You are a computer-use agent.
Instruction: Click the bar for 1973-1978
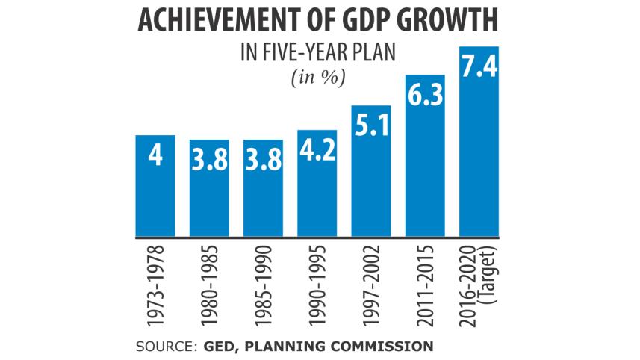click(x=155, y=187)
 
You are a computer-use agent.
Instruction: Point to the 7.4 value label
click(x=479, y=66)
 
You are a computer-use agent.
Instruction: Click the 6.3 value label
click(x=425, y=95)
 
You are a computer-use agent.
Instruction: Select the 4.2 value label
click(x=317, y=149)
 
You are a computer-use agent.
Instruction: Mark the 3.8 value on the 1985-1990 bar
click(x=264, y=159)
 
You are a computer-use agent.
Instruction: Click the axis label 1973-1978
click(x=155, y=285)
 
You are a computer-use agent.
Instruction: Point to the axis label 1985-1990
click(x=264, y=285)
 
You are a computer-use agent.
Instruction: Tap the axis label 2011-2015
click(x=425, y=285)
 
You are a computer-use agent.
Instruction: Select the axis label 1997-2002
click(x=371, y=285)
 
